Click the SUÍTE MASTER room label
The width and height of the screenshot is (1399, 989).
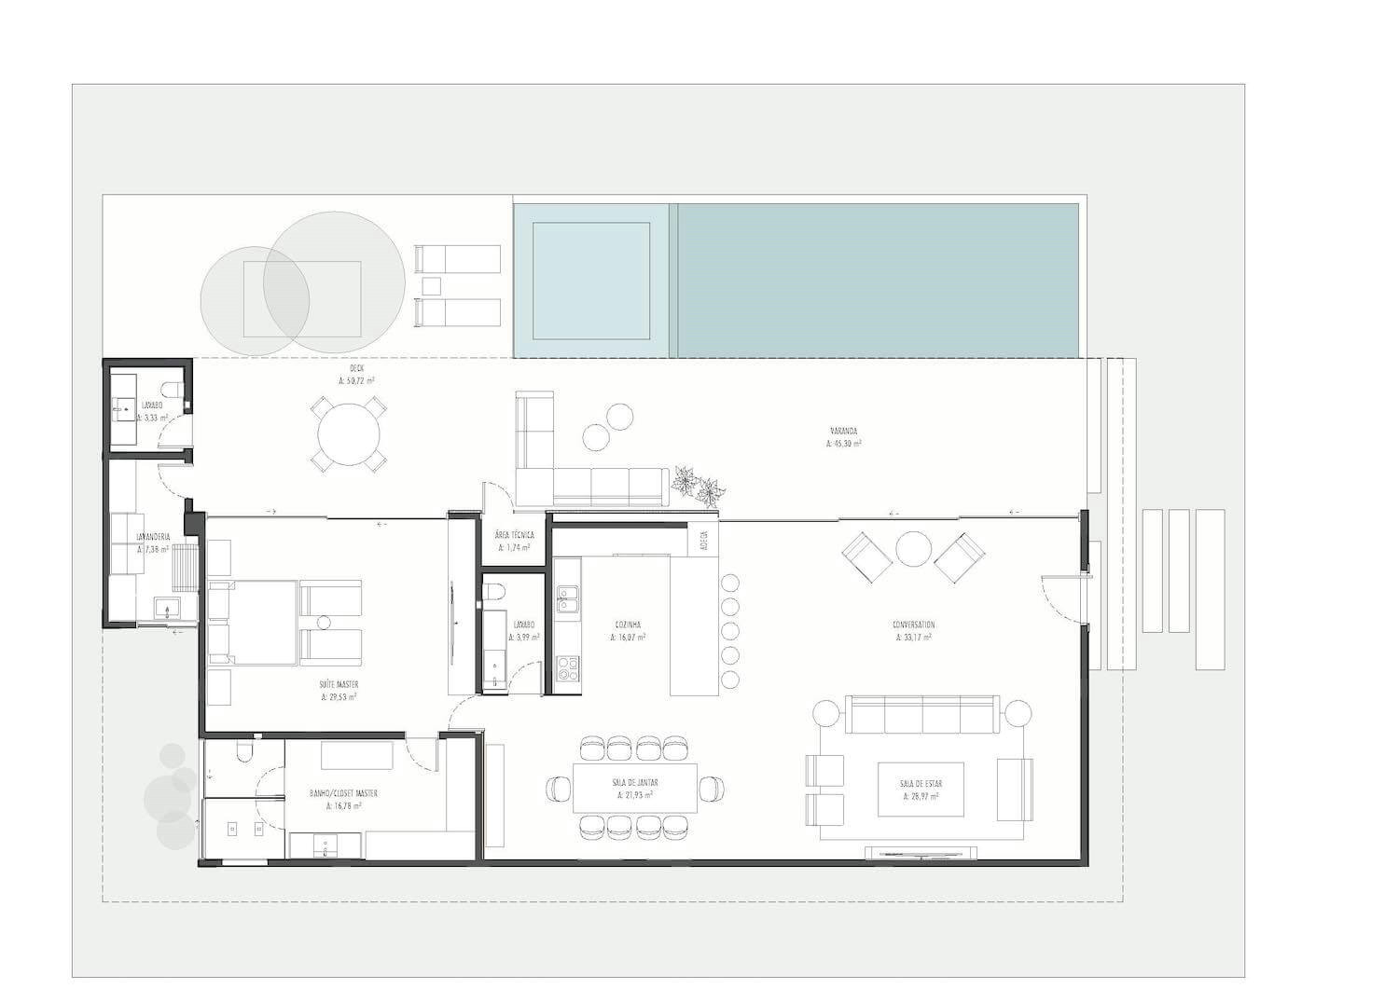(339, 684)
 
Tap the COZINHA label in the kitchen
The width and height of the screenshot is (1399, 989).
(628, 625)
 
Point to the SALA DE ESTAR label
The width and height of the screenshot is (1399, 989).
(919, 784)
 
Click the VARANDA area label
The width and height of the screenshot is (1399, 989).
(843, 432)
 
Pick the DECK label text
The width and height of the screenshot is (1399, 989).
(356, 369)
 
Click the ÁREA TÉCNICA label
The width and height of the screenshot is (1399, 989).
(514, 535)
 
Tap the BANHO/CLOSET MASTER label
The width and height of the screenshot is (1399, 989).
(343, 793)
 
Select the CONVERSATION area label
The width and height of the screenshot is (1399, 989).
(913, 625)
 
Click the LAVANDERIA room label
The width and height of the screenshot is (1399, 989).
(152, 538)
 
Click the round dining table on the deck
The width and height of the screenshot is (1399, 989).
(349, 433)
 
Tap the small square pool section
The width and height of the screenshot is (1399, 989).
(591, 280)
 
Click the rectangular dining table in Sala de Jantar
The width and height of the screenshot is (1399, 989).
(635, 788)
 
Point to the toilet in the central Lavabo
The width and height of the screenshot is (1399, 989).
(495, 593)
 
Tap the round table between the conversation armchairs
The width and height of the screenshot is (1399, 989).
(909, 549)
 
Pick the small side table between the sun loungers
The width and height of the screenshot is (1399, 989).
(431, 285)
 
